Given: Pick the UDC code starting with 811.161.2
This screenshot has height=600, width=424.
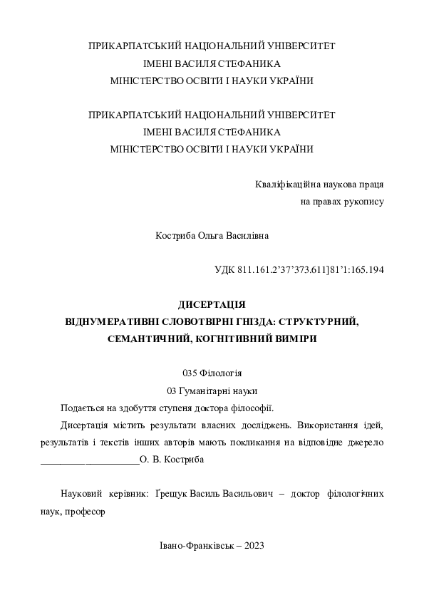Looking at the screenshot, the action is tap(311, 270).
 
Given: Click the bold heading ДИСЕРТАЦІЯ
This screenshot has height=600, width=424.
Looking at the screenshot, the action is tap(212, 304).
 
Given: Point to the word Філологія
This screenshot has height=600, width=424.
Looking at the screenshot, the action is tap(222, 373).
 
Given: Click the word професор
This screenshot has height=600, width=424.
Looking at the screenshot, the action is tap(85, 511).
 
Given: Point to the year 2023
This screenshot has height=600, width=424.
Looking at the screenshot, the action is tap(254, 545).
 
